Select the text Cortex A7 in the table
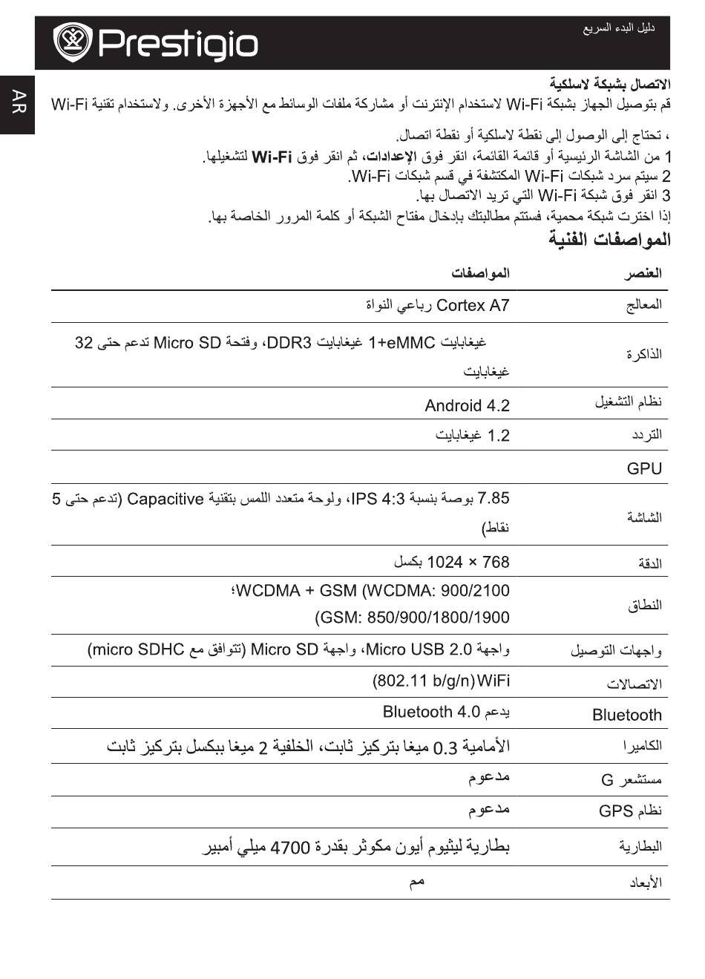pyautogui.click(x=473, y=305)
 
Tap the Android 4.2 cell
pyautogui.click(x=467, y=405)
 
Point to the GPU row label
pyautogui.click(x=643, y=468)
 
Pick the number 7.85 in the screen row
pyautogui.click(x=494, y=498)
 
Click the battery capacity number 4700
pyautogui.click(x=289, y=847)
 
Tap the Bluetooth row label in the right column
pyautogui.click(x=626, y=715)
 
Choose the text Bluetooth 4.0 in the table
pyautogui.click(x=431, y=712)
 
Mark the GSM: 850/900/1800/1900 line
pyautogui.click(x=413, y=617)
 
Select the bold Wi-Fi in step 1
pyautogui.click(x=272, y=157)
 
